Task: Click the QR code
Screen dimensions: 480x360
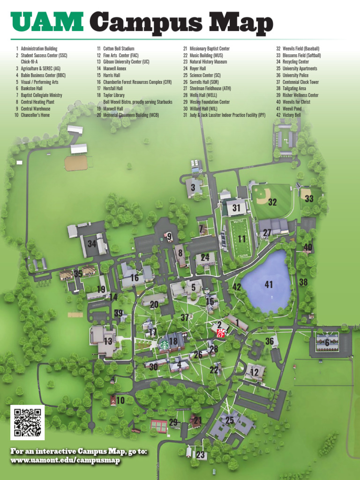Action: (x=27, y=422)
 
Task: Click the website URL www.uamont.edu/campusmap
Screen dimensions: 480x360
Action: (x=65, y=460)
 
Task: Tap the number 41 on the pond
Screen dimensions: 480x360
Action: (x=269, y=284)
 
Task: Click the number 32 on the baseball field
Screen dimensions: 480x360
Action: (x=272, y=202)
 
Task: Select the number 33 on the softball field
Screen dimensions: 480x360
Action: (x=309, y=199)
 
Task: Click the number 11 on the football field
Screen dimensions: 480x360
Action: (x=242, y=239)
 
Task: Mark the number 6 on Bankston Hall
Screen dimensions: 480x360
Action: (x=327, y=343)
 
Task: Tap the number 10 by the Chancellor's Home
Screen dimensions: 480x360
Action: (x=120, y=400)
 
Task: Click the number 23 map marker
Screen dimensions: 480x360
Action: (x=201, y=455)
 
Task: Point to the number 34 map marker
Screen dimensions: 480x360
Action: (x=92, y=244)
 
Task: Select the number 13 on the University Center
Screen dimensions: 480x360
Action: (x=108, y=341)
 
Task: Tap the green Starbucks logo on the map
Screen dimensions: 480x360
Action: (x=165, y=345)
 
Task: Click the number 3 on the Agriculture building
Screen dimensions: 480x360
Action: (x=193, y=187)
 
